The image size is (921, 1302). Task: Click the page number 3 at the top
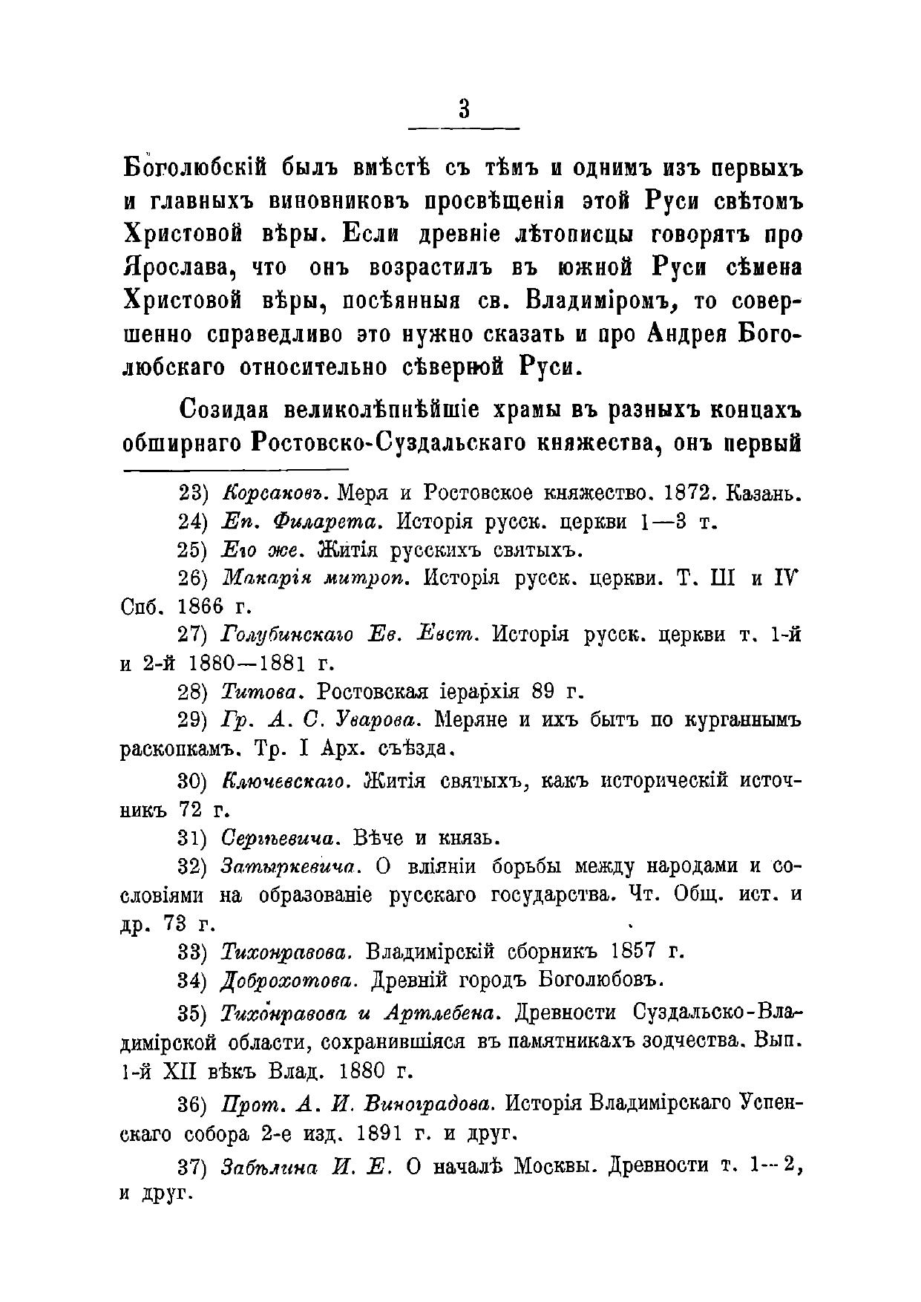464,108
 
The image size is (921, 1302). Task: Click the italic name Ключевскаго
281,781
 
